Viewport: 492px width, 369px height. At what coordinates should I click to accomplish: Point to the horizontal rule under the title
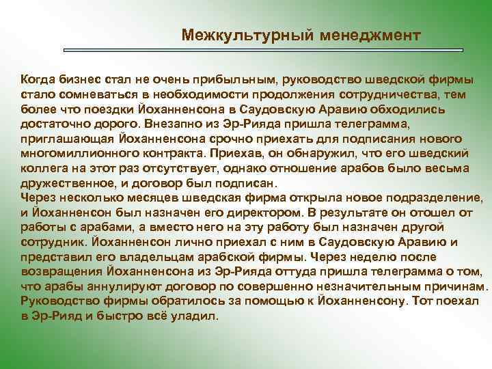[x=263, y=50]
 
